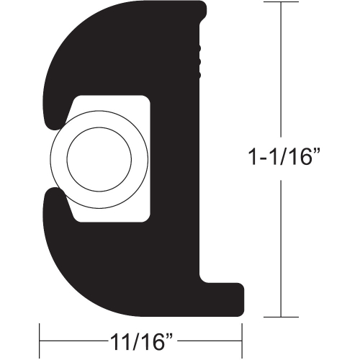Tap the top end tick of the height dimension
point(279,3)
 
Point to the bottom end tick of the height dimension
point(279,316)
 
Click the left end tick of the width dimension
point(40,337)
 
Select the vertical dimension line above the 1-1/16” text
point(279,72)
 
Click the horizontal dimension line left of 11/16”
point(72,337)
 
